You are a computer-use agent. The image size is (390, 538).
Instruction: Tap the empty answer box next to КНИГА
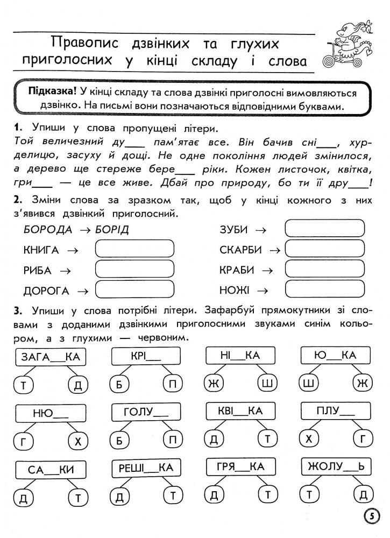click(134, 249)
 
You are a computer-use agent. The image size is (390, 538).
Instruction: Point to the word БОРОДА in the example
click(48, 230)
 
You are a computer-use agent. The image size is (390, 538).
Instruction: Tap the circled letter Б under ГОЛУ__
click(119, 440)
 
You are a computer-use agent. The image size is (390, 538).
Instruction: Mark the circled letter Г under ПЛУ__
click(361, 440)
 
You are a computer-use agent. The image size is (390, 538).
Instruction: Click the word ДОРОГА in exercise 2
click(46, 291)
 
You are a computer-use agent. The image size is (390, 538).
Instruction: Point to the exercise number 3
click(18, 312)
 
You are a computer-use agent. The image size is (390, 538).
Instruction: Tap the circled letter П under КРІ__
click(172, 384)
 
